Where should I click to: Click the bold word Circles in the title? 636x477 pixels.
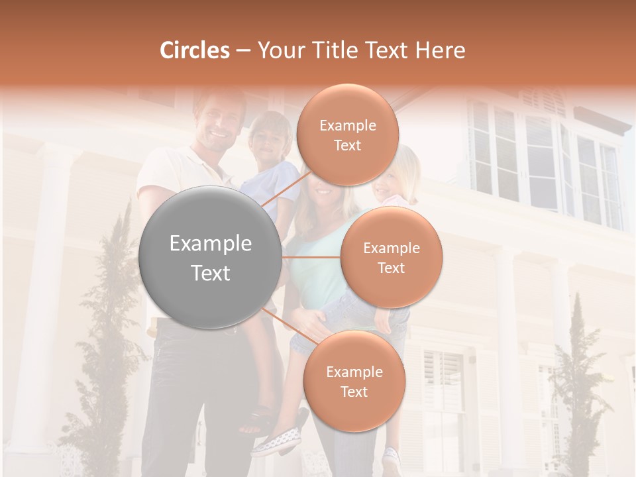(x=194, y=50)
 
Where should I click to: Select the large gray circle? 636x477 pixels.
(x=211, y=257)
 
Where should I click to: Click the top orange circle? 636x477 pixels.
(x=347, y=134)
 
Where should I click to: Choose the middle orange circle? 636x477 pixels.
(x=391, y=257)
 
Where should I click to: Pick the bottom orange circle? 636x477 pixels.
(x=354, y=381)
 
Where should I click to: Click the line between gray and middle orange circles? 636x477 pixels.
(x=311, y=257)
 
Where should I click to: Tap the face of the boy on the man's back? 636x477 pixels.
(x=267, y=137)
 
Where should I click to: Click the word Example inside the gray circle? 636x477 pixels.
(x=211, y=244)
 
